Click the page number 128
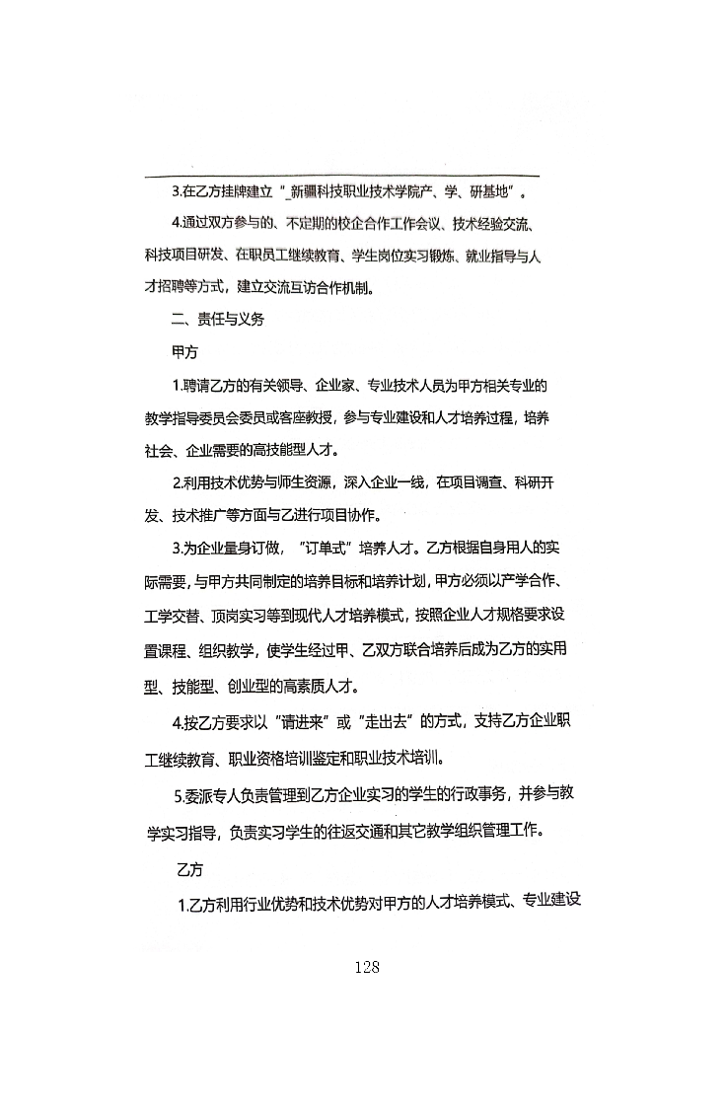pyautogui.click(x=365, y=967)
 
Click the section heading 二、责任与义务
pyautogui.click(x=217, y=320)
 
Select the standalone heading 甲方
pyautogui.click(x=184, y=351)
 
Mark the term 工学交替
pyautogui.click(x=177, y=616)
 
